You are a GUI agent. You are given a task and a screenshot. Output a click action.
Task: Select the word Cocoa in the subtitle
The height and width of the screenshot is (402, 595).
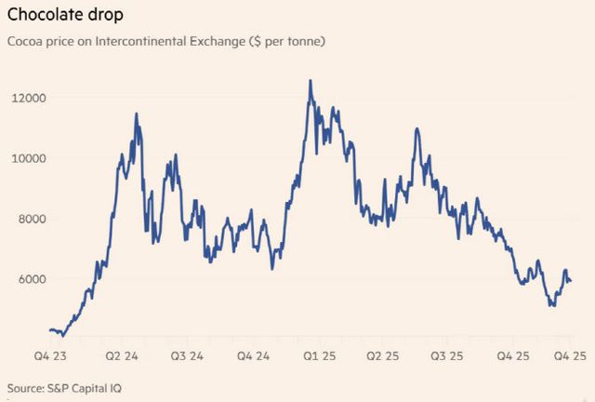click(25, 43)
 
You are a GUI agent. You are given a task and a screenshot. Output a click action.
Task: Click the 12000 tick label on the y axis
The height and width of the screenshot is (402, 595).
click(30, 98)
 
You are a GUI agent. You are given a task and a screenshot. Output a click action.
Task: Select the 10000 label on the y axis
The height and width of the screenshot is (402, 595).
click(30, 158)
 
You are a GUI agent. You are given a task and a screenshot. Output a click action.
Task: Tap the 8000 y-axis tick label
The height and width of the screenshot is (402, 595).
click(33, 219)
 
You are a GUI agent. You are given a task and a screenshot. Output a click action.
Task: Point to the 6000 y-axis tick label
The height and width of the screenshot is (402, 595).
click(33, 279)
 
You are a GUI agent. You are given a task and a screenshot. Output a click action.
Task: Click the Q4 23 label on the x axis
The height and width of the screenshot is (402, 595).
click(52, 356)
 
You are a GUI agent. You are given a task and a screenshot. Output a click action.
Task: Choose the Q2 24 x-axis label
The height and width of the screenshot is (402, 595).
click(122, 356)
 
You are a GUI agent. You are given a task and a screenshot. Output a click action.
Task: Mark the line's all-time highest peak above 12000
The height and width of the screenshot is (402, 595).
click(311, 81)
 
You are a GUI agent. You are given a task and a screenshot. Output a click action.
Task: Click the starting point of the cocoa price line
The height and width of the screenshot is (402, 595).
click(49, 329)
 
